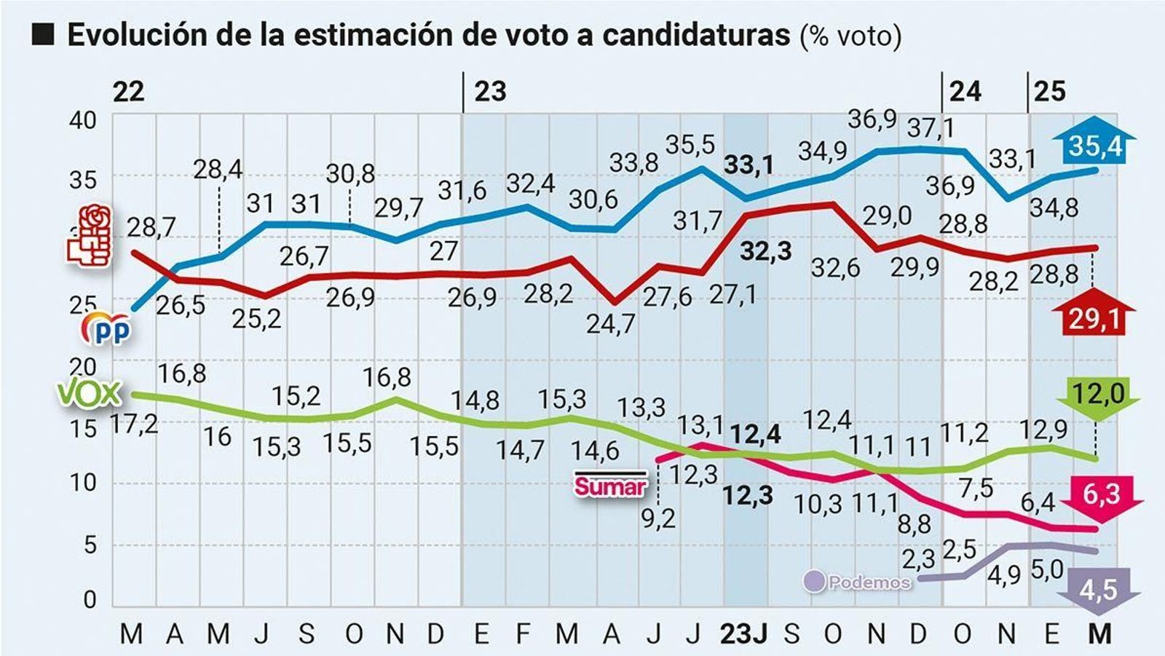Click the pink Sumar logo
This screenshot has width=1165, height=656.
coord(610,485)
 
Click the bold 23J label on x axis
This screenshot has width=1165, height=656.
coord(743,634)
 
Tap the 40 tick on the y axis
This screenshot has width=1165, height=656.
coord(82,120)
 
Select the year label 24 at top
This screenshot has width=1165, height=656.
coord(965,92)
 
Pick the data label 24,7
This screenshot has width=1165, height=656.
coord(610,323)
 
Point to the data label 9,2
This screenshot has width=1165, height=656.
coord(658,519)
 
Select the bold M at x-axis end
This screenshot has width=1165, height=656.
coord(1099,634)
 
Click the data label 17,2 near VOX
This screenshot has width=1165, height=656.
coord(135,423)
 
